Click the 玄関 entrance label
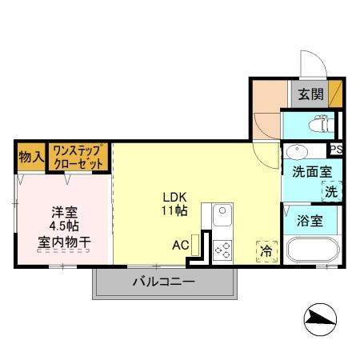311,94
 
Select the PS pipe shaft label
336,150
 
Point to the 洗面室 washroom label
306,171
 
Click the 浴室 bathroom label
310,221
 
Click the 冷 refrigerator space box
265,250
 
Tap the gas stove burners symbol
222,249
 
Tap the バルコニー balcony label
163,282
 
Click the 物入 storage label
30,157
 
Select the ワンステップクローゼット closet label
78,156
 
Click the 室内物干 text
64,240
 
